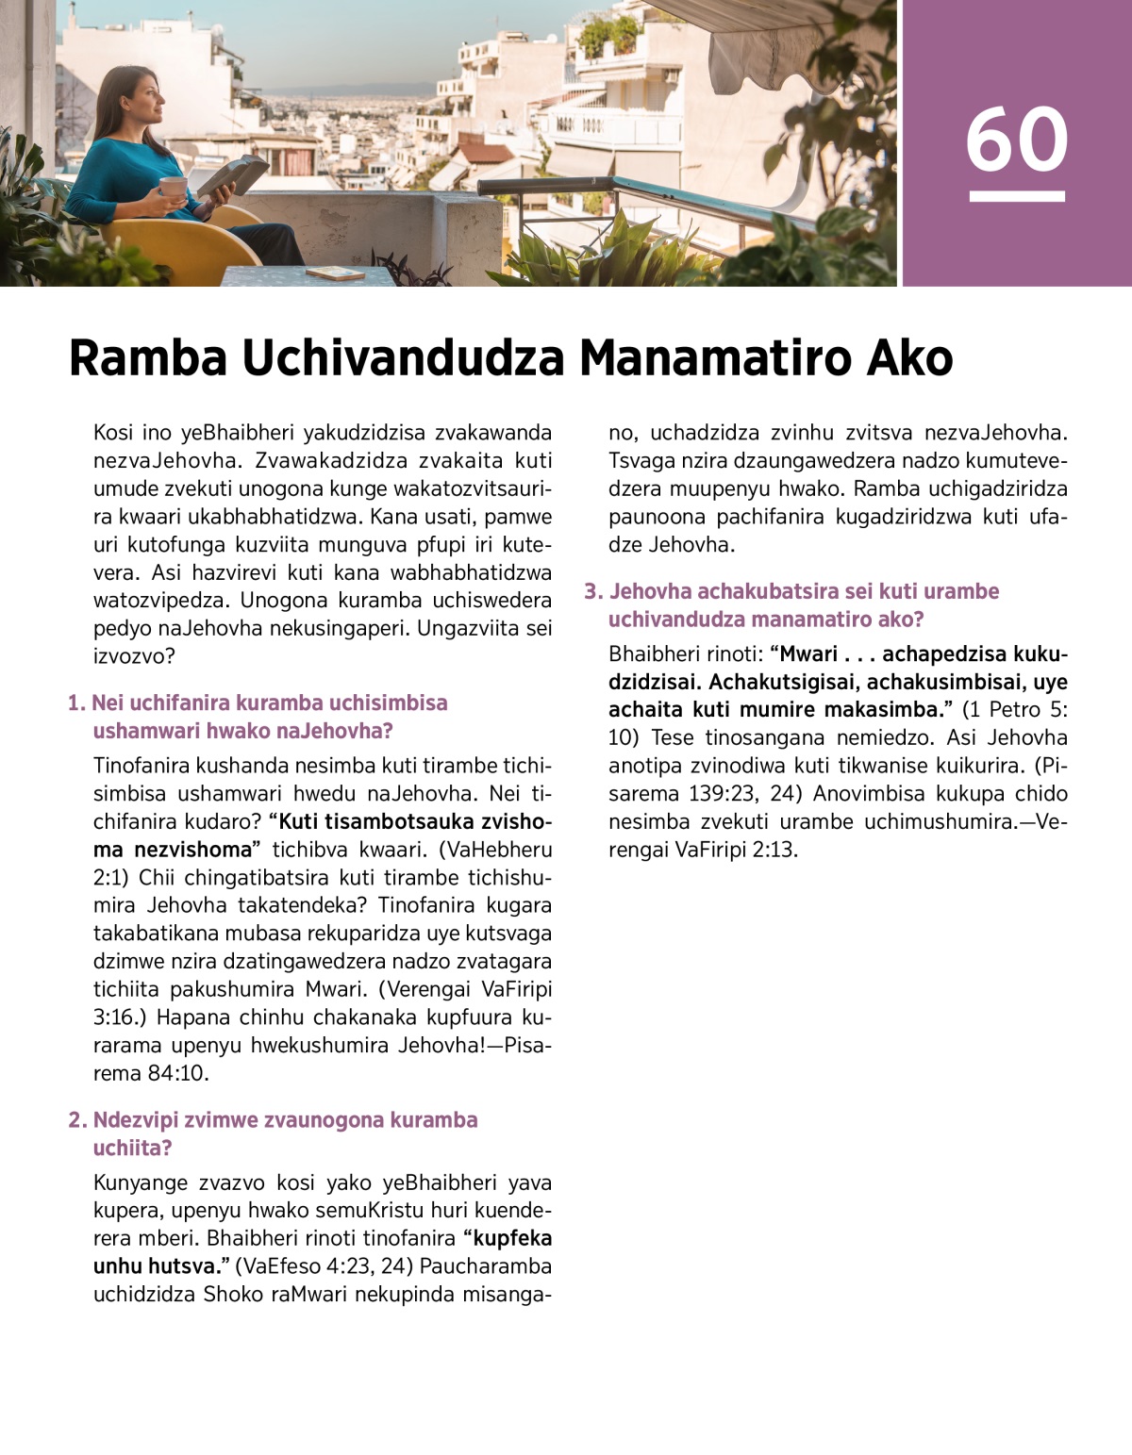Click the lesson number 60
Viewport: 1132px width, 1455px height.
[x=1016, y=139]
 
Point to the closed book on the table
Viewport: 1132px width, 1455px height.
[x=335, y=273]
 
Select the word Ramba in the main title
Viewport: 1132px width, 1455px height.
[x=148, y=358]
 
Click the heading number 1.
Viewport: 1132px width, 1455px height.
[x=75, y=703]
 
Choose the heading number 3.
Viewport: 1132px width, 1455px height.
[x=592, y=592]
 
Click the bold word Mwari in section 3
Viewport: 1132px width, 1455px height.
[x=808, y=654]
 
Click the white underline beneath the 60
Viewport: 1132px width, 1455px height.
[x=1016, y=196]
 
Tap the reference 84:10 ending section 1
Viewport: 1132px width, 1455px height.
[x=178, y=1073]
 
